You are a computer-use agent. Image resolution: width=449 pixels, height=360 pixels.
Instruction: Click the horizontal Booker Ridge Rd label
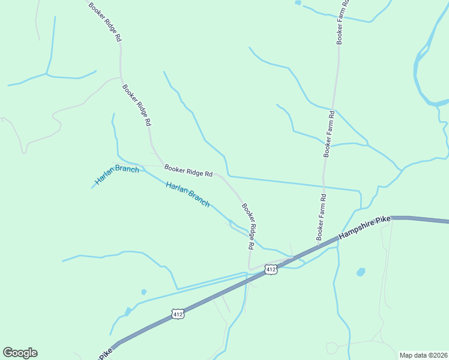point(188,172)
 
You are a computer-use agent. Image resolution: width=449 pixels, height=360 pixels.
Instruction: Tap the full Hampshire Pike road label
point(364,229)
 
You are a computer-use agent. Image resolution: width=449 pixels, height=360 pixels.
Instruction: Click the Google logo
point(20,353)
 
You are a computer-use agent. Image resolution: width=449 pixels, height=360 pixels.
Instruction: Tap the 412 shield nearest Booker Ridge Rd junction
point(271,269)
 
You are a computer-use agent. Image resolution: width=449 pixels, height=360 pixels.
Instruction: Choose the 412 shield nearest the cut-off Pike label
point(177,314)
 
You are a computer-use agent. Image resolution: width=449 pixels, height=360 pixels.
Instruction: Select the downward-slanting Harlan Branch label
point(188,194)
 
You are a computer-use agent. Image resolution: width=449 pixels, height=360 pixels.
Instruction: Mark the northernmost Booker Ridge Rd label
point(105,22)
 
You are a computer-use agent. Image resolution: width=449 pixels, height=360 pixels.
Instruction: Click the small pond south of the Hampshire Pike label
point(361,272)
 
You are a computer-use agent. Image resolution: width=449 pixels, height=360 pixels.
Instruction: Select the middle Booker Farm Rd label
point(329,134)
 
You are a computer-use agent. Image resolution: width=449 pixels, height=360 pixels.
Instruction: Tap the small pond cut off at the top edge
point(298,2)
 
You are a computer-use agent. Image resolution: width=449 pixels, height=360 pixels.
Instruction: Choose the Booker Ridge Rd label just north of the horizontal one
point(136,105)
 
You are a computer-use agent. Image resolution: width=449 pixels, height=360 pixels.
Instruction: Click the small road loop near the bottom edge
point(332,348)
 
